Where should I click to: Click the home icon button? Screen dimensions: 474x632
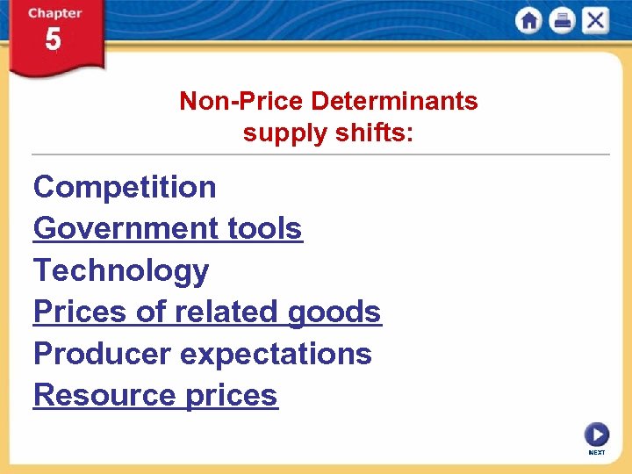[528, 20]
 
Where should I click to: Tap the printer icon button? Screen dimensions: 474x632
[562, 20]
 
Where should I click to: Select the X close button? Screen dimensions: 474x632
[595, 20]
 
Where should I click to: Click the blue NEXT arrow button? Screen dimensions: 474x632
[596, 434]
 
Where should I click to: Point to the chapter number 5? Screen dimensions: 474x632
[54, 40]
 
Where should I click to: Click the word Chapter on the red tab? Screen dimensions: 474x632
[54, 13]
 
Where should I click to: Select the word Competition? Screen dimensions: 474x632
[125, 187]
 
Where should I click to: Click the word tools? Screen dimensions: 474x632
[264, 228]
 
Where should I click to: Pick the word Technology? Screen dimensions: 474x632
[121, 270]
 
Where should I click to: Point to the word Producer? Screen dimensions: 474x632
[102, 354]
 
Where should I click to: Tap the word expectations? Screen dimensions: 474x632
[276, 354]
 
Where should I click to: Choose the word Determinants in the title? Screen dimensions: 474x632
[394, 101]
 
